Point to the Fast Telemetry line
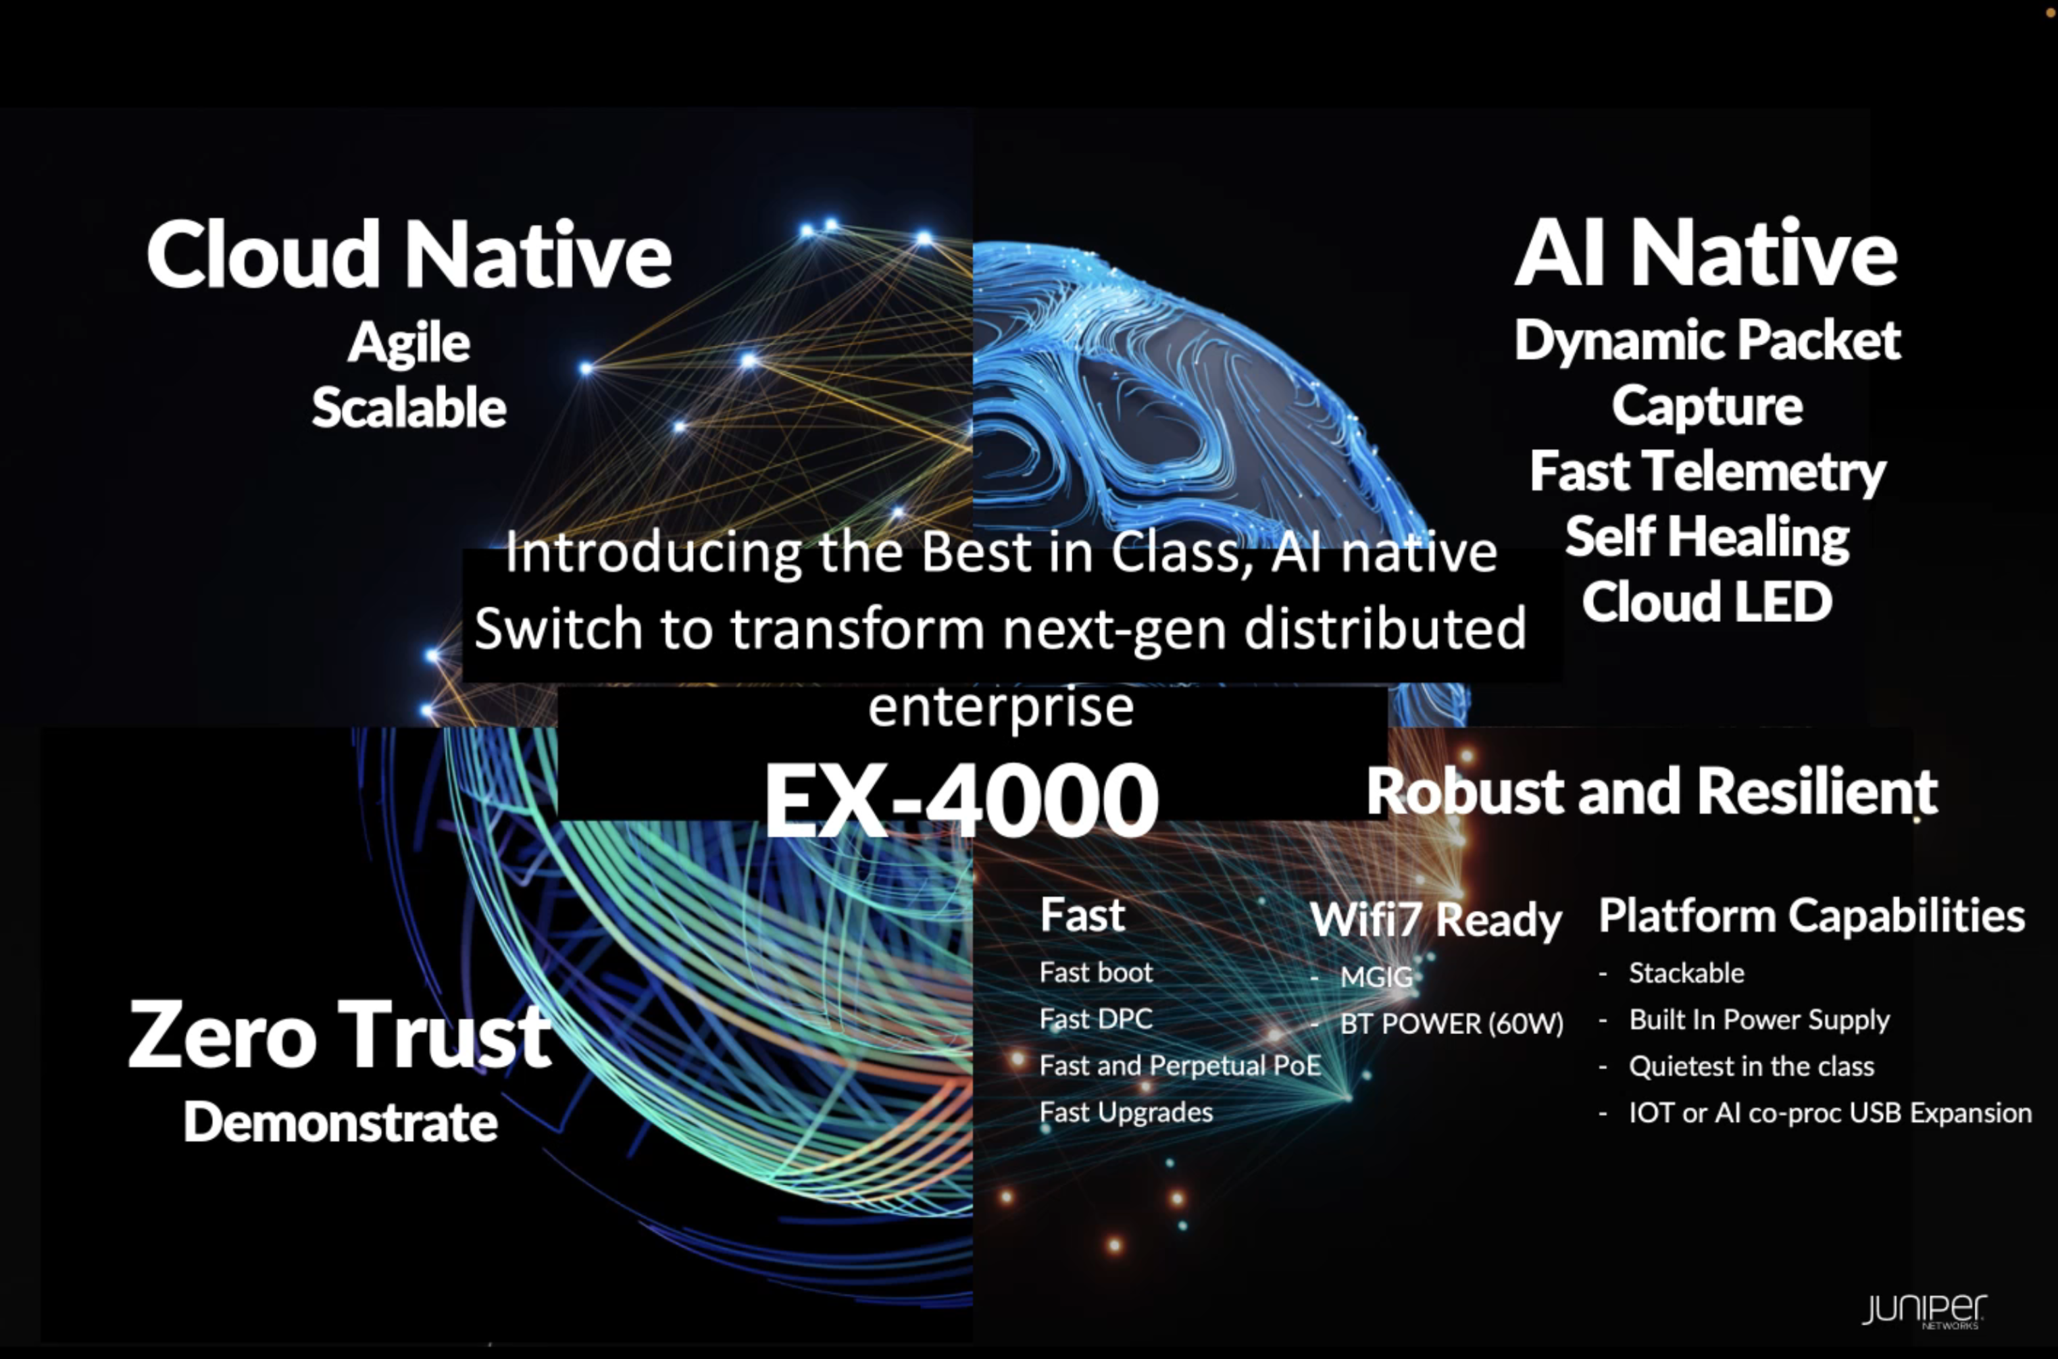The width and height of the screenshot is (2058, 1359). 1707,472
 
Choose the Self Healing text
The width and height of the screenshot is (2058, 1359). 1707,538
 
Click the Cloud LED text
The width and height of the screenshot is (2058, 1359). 1707,602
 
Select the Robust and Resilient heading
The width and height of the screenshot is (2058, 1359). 1651,792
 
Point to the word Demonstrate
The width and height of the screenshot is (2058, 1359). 341,1123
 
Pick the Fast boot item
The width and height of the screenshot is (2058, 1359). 1096,973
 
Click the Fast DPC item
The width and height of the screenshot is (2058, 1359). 1096,1019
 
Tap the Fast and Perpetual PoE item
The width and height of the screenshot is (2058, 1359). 1180,1065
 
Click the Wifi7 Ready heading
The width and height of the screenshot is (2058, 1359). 1436,919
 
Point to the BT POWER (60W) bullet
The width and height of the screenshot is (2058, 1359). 1451,1023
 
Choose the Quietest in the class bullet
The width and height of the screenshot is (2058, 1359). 1751,1066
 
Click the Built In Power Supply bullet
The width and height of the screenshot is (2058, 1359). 1759,1020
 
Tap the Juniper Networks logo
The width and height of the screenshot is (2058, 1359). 1924,1310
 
